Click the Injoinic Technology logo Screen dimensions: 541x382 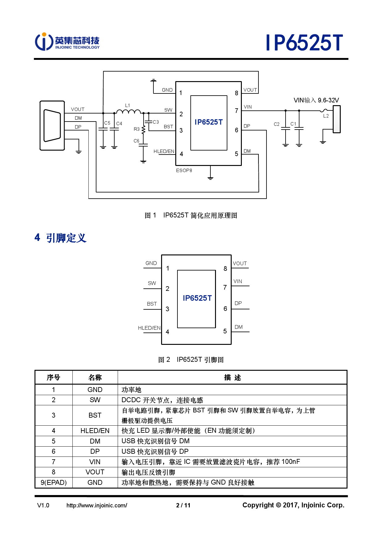pos(67,42)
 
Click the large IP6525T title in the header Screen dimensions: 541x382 pos(304,43)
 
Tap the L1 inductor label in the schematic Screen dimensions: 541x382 pos(128,105)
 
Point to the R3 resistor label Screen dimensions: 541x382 pos(136,129)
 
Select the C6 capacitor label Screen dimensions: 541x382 pos(136,141)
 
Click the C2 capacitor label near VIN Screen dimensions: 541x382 pos(276,124)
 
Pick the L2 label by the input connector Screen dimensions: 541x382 pos(326,116)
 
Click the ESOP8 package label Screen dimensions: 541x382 pos(184,171)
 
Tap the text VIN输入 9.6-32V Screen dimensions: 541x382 pos(316,100)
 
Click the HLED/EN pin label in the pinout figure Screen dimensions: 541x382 pos(149,328)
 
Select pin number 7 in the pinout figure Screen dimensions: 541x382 pos(225,287)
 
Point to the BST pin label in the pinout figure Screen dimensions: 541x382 pos(152,304)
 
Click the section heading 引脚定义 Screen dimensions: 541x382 pos(66,238)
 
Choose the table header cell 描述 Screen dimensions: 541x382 pos(232,378)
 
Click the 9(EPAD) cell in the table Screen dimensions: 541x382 pos(54,482)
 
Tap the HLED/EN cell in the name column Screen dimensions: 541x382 pos(95,431)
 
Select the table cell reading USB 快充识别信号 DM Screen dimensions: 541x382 pos(156,441)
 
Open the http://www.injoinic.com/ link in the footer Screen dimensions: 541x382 pos(97,505)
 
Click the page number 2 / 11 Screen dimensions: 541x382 pos(183,505)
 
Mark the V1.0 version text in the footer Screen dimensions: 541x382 pos(43,505)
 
